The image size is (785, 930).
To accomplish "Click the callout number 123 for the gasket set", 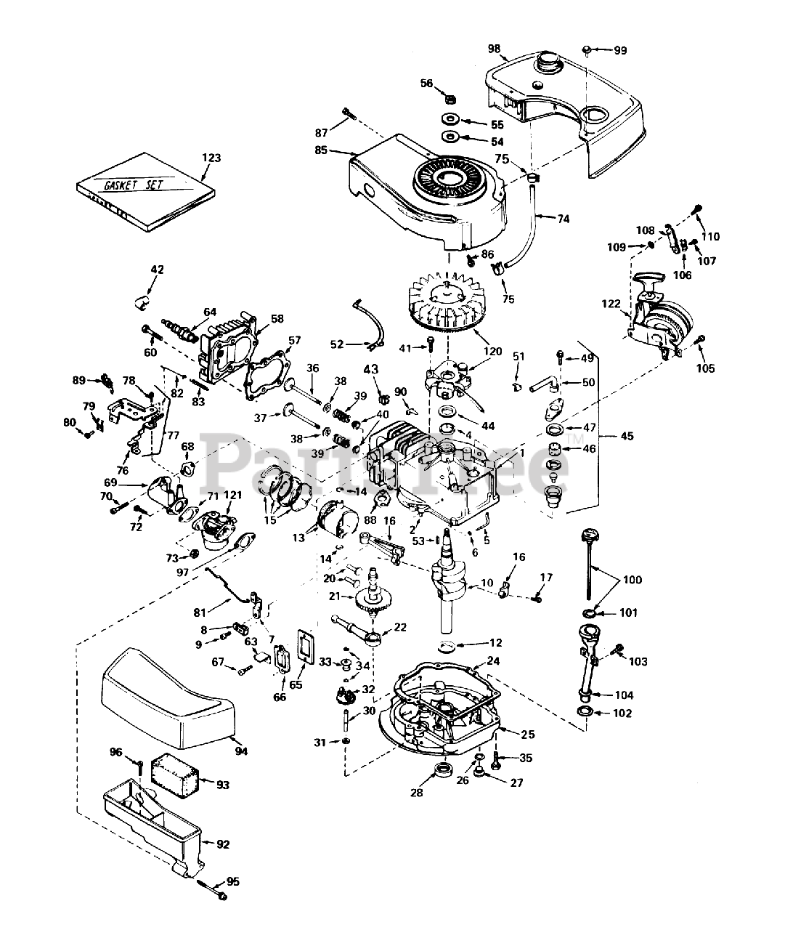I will [x=211, y=157].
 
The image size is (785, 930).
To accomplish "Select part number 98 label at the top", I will [x=494, y=49].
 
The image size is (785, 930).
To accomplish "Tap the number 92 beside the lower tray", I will [x=222, y=844].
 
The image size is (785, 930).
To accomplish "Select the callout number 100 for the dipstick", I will [x=633, y=580].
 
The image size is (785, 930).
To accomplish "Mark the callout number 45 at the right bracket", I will [x=627, y=436].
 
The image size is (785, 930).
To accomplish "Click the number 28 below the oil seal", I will [x=416, y=793].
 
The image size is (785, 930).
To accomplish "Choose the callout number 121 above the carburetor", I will [x=232, y=495].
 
